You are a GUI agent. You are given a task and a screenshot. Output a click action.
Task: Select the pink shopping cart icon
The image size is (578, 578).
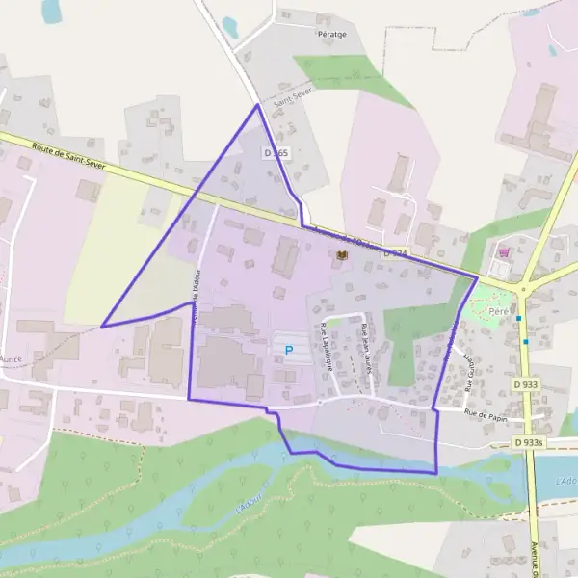[502, 251]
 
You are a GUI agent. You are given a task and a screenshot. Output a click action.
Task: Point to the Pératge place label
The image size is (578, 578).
[331, 33]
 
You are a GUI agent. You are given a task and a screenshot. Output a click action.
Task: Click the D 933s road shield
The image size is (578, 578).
[530, 442]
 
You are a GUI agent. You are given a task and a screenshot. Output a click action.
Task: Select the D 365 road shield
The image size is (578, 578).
[276, 153]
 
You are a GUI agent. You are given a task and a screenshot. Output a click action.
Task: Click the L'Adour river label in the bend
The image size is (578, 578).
[250, 500]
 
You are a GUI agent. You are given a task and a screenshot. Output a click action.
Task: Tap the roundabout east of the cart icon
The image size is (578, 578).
[523, 287]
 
